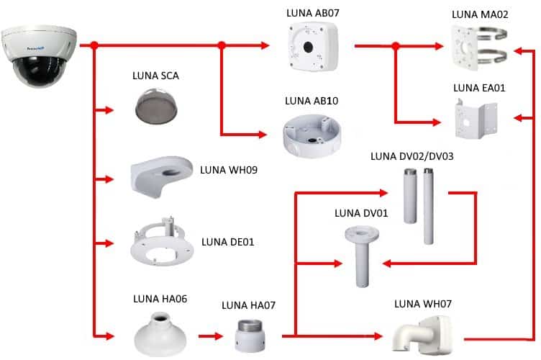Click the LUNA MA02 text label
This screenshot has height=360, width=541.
pyautogui.click(x=479, y=14)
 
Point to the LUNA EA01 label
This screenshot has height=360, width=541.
pyautogui.click(x=479, y=89)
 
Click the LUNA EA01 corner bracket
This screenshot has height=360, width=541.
pyautogui.click(x=475, y=118)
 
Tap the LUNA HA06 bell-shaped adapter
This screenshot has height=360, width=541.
pyautogui.click(x=160, y=332)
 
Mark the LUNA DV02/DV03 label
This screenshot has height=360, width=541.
pyautogui.click(x=412, y=156)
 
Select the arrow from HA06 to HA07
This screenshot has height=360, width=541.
pyautogui.click(x=210, y=336)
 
